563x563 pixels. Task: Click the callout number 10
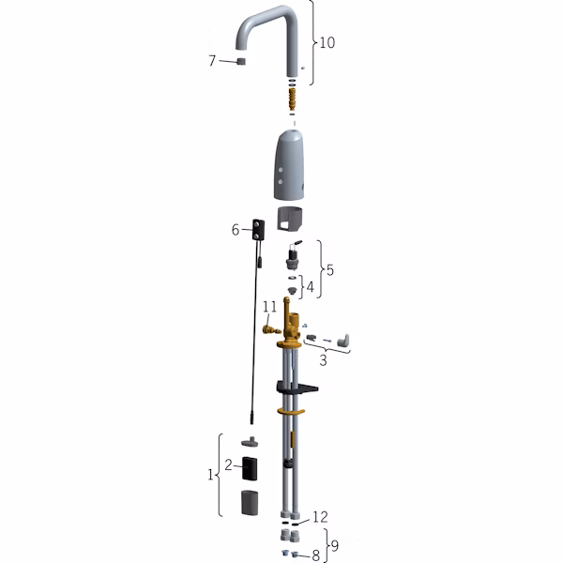[327, 42]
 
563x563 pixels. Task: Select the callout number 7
[212, 61]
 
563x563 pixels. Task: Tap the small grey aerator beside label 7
[240, 61]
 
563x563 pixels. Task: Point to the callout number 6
[236, 230]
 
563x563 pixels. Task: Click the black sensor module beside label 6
[259, 230]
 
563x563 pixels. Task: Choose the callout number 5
[330, 269]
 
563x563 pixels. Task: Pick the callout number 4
[310, 287]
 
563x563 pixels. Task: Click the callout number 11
[269, 307]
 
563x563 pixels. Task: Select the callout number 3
[323, 360]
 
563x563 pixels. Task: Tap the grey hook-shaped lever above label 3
[343, 341]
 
